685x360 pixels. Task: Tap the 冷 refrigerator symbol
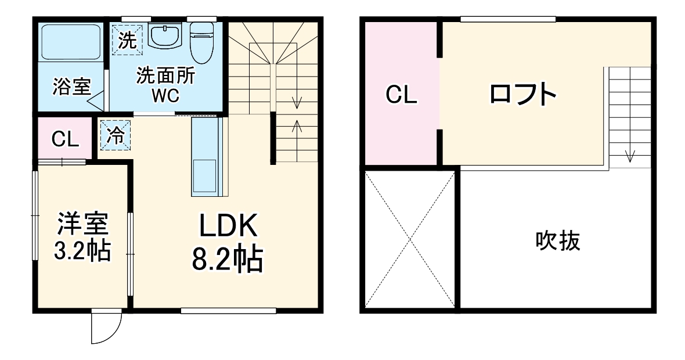point(115,135)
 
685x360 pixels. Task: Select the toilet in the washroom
point(201,41)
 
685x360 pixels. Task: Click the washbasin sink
point(165,35)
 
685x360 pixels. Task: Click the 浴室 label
point(71,87)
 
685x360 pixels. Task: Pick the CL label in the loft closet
point(402,95)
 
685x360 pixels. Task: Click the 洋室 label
point(82,224)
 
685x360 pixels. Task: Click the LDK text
point(228,227)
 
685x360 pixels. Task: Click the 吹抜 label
point(557,240)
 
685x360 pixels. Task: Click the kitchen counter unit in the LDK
point(207,157)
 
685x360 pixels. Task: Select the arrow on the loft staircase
point(630,155)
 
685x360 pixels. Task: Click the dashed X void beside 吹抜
point(410,239)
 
